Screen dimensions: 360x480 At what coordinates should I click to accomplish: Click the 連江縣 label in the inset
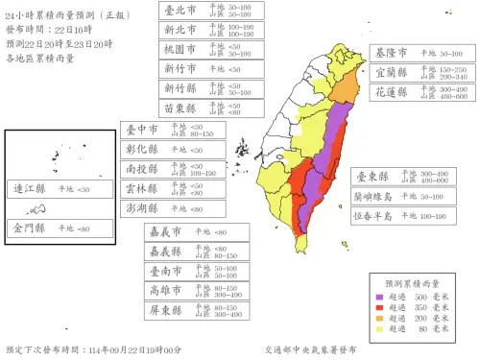(x=29, y=190)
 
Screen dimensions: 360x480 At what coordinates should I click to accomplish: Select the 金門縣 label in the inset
(x=29, y=228)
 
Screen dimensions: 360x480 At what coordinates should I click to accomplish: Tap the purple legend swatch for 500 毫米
(x=380, y=298)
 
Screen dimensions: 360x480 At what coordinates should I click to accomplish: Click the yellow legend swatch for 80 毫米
(x=380, y=329)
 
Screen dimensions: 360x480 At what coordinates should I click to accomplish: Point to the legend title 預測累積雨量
(x=413, y=284)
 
